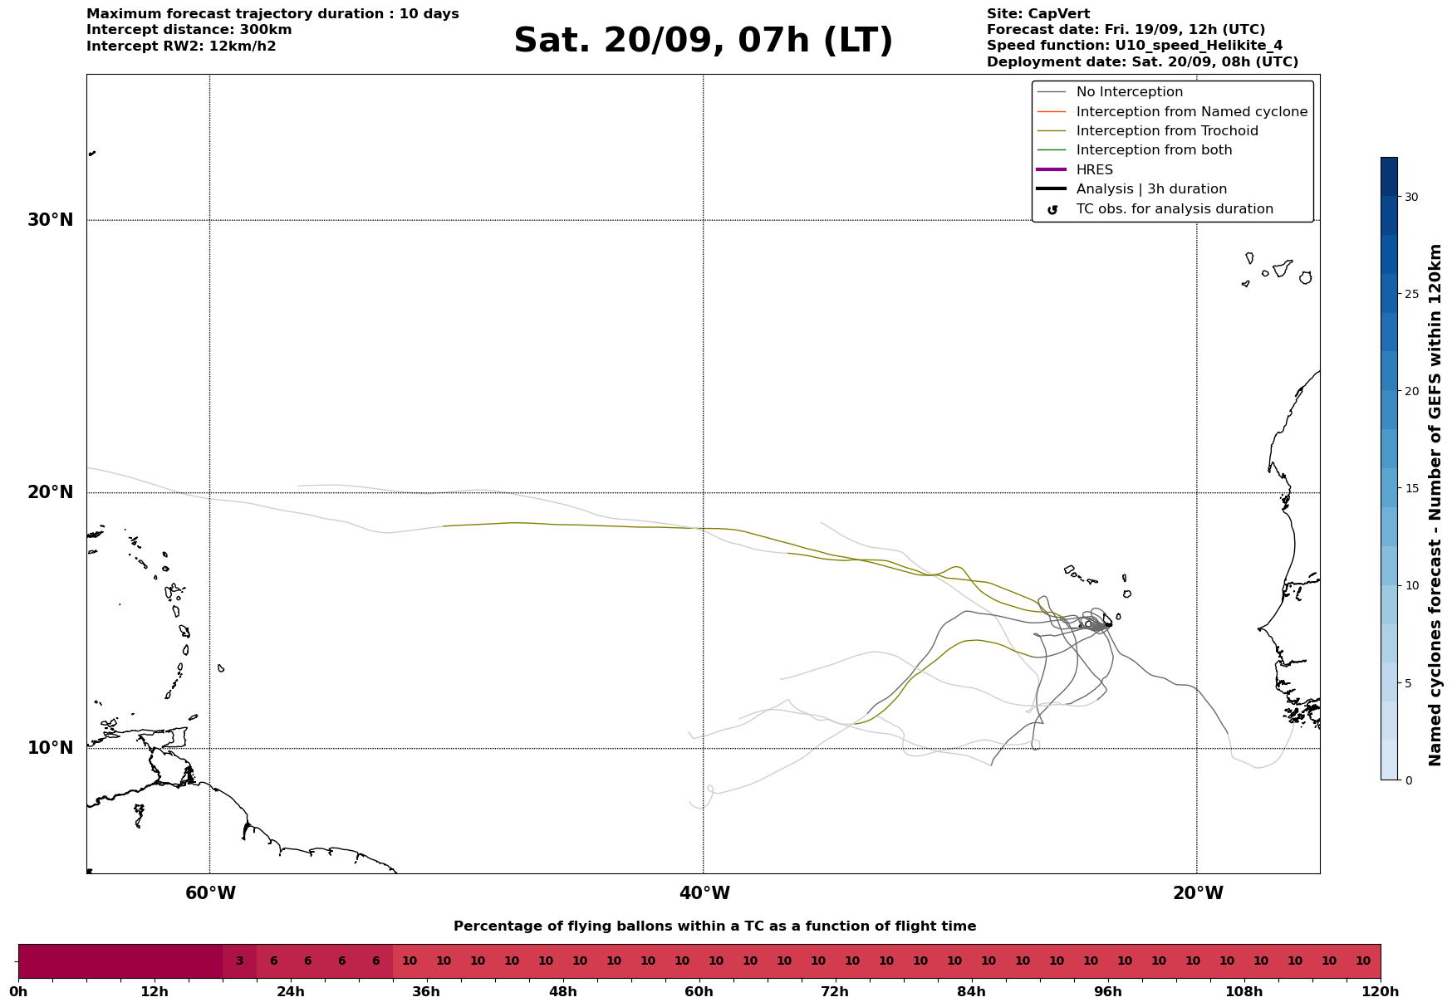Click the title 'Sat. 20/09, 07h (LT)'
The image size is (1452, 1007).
(703, 41)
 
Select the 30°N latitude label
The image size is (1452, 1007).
(51, 220)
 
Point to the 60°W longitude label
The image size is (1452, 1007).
(210, 893)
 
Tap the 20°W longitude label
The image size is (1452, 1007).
(1197, 893)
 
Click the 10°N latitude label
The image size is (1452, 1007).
(51, 748)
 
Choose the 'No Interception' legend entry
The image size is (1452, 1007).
(1129, 92)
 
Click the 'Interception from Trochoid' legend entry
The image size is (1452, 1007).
(1166, 131)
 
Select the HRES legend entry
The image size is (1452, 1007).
(1094, 170)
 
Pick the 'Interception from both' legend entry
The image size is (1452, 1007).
(1154, 150)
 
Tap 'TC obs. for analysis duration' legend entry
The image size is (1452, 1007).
(1174, 209)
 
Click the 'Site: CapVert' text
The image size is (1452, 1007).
(1038, 14)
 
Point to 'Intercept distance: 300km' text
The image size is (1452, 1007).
(189, 30)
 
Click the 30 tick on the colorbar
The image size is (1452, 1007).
(1411, 197)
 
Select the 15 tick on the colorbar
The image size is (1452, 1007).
(1411, 488)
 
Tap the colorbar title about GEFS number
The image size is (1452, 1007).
(1435, 505)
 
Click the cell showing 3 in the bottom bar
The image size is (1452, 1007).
(239, 961)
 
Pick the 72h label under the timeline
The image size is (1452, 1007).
(835, 992)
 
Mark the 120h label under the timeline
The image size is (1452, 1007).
(1380, 992)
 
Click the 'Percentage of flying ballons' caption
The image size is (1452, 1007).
(714, 926)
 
